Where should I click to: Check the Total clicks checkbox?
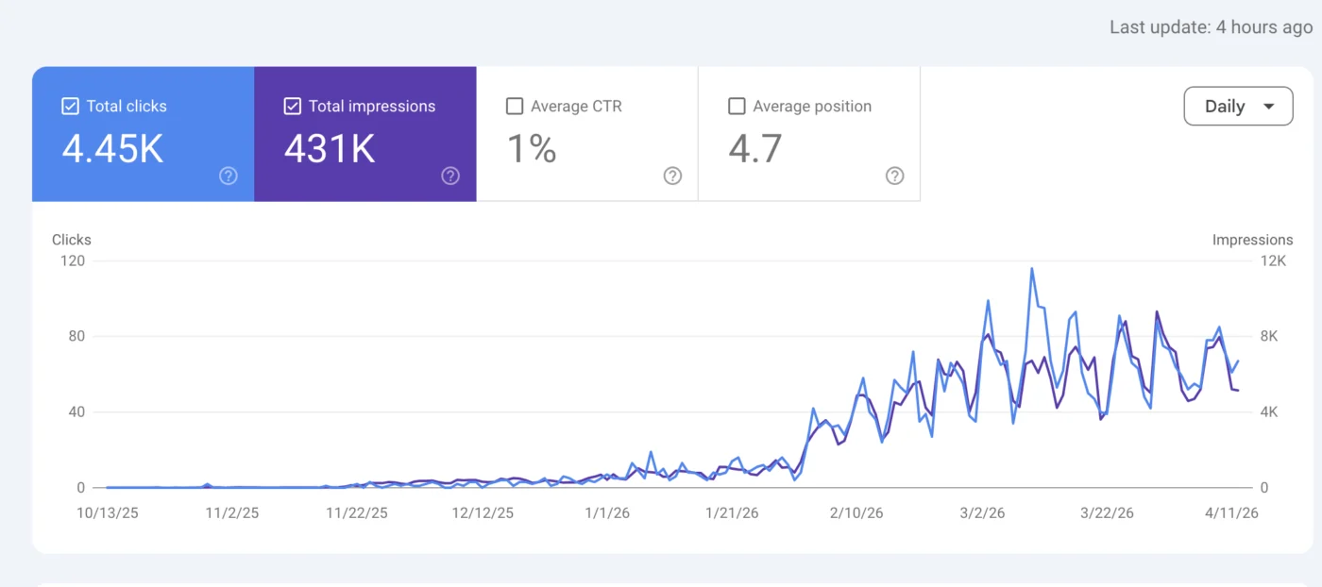[x=70, y=107]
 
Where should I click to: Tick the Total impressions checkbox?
[x=292, y=107]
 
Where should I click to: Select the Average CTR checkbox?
[x=515, y=107]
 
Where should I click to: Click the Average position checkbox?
[x=737, y=107]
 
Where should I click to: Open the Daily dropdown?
[x=1238, y=107]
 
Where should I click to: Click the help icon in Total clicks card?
[x=229, y=176]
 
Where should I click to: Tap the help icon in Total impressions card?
[x=450, y=176]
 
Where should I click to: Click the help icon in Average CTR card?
[x=672, y=176]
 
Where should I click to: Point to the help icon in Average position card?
[x=895, y=176]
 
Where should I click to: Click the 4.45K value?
[x=112, y=149]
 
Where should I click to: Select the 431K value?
[x=330, y=149]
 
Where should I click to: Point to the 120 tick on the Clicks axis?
[x=73, y=260]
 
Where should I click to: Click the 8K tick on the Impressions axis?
[x=1269, y=336]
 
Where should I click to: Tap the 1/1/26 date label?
[x=607, y=513]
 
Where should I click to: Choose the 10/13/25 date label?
[x=108, y=513]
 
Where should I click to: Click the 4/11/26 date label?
[x=1231, y=513]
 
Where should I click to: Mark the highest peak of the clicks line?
[x=1032, y=269]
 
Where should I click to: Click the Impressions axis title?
[x=1252, y=240]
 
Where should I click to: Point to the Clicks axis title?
[x=72, y=240]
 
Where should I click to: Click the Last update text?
[x=1211, y=27]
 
